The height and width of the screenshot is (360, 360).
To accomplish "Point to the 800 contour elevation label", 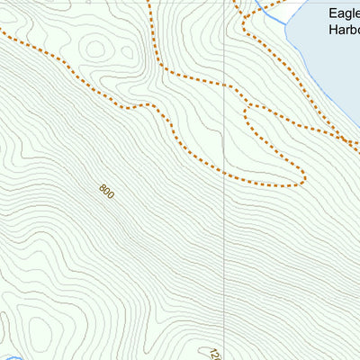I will (x=107, y=192).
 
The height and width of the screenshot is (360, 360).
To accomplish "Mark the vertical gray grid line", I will (x=222, y=225).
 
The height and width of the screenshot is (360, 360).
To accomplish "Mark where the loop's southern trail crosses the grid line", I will (x=222, y=173).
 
